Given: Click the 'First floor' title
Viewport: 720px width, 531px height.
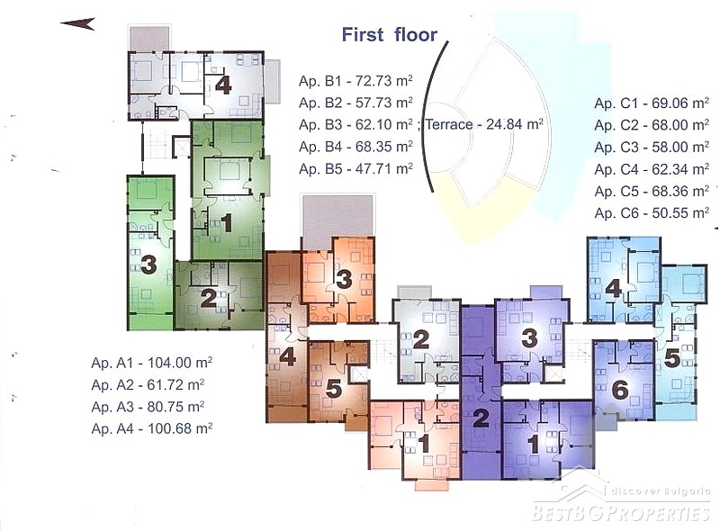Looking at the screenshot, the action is (390, 35).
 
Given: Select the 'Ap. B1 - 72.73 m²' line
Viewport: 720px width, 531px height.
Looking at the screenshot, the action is (355, 81).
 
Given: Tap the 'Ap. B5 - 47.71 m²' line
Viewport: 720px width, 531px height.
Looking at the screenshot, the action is (355, 168).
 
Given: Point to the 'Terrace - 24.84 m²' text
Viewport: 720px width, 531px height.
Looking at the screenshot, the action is (484, 124).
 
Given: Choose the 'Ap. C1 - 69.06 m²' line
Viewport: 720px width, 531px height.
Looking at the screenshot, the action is (651, 103).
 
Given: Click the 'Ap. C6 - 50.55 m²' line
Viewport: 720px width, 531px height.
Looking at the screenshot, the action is (651, 212).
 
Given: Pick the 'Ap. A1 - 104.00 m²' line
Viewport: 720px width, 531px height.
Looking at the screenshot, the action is (151, 363).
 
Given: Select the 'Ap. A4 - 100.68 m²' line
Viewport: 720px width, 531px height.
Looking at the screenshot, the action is (151, 428).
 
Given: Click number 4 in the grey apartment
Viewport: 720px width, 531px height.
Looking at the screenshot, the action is (223, 85).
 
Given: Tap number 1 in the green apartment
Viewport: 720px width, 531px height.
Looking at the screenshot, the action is (227, 224).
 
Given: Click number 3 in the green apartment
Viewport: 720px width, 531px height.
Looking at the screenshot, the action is (148, 265).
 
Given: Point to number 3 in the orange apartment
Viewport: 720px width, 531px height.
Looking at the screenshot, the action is (344, 280).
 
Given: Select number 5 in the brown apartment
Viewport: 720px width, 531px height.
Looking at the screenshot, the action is (334, 390).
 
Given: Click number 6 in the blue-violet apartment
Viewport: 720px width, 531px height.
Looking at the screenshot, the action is (620, 390).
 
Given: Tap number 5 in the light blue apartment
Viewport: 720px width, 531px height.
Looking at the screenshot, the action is (671, 359).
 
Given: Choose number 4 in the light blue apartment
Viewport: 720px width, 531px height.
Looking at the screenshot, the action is (614, 289).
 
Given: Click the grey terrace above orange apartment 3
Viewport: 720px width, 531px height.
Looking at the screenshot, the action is (337, 220).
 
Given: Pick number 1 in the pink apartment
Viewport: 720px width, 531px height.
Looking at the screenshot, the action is (424, 444).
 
